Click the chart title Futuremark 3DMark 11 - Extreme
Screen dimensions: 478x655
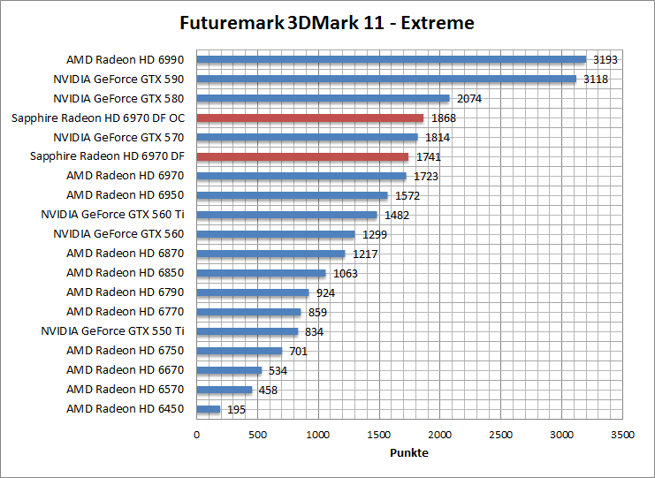click(x=326, y=23)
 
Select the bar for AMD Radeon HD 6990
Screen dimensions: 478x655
click(x=391, y=60)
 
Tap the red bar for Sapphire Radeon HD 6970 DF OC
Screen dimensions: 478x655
click(x=309, y=118)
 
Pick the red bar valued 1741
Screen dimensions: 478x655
click(x=302, y=157)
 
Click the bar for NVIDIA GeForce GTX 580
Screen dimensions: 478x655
click(x=323, y=99)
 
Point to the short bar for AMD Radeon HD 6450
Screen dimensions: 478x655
click(x=208, y=409)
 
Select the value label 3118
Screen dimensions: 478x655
click(x=595, y=80)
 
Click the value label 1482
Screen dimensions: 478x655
click(x=396, y=216)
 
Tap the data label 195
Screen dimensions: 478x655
click(x=237, y=410)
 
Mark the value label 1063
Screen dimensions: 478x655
click(x=345, y=274)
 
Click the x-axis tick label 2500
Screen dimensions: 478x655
click(x=501, y=436)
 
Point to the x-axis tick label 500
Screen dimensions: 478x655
click(x=257, y=436)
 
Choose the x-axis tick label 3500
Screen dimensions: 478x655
click(x=622, y=436)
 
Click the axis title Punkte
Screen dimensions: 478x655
click(x=409, y=453)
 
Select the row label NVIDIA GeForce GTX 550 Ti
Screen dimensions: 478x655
click(x=112, y=331)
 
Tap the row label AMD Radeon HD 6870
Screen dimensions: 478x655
click(x=125, y=254)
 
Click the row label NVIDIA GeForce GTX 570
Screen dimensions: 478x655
click(x=118, y=137)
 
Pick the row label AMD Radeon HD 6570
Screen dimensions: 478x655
click(x=125, y=390)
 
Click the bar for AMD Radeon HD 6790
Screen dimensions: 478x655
click(x=253, y=292)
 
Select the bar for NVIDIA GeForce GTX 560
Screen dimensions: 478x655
click(x=275, y=234)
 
